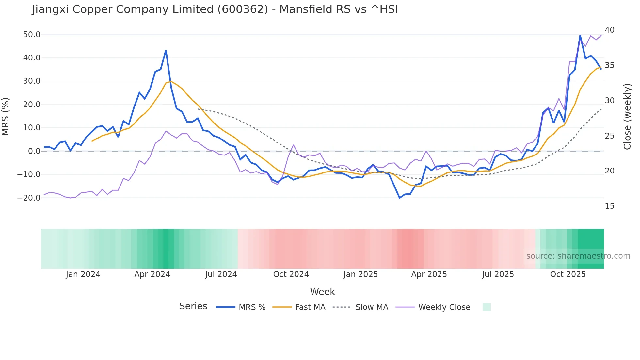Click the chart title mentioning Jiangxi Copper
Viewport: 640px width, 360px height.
point(215,9)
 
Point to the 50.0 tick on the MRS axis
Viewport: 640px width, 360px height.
point(32,35)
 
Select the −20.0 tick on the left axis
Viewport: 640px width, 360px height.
point(29,198)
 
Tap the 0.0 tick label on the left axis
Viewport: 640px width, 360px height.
point(34,151)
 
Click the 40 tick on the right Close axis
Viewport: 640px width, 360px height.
point(609,30)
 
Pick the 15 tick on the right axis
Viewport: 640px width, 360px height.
point(609,206)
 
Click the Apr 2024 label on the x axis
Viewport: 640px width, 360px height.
point(152,274)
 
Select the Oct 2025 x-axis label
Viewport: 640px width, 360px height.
point(568,274)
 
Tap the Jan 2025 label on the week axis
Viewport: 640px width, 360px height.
point(360,274)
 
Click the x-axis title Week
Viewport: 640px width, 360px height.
point(322,292)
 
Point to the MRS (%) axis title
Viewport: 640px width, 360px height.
point(6,116)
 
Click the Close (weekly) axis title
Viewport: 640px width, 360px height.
point(627,116)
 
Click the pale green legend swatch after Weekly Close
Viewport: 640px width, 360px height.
point(487,307)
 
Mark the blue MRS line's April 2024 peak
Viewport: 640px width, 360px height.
point(166,51)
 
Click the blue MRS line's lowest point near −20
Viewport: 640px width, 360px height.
point(400,198)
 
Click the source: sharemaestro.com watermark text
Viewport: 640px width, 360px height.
point(578,256)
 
